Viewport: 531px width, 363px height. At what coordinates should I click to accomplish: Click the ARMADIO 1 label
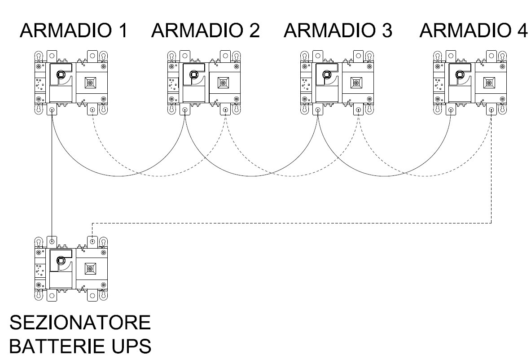(x=74, y=30)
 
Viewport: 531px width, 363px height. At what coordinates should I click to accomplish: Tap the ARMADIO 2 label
(x=206, y=30)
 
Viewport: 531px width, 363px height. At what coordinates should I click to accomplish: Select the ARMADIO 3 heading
(x=338, y=30)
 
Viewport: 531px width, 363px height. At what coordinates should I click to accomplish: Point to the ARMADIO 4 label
(x=474, y=30)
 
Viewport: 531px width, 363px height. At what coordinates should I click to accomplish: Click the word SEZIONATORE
(x=80, y=322)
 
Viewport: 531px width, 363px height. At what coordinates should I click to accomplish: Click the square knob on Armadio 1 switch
(x=90, y=83)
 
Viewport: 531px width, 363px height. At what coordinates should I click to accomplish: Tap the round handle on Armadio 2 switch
(x=193, y=74)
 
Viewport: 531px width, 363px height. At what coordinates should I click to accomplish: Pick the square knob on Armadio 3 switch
(x=356, y=83)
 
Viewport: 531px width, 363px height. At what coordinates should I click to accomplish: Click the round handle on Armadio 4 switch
(x=460, y=74)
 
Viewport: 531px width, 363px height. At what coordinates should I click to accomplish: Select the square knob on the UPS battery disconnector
(x=90, y=269)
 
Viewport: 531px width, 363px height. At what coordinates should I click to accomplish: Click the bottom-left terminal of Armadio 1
(x=52, y=110)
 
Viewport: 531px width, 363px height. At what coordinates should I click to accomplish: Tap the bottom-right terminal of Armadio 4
(x=492, y=110)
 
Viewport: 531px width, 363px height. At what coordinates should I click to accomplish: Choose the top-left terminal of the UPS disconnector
(x=52, y=241)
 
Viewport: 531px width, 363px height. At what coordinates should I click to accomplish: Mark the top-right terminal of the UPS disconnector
(x=92, y=241)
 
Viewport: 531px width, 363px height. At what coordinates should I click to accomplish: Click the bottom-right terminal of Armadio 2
(x=225, y=110)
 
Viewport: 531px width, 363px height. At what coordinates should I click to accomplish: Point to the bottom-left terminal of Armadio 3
(x=318, y=110)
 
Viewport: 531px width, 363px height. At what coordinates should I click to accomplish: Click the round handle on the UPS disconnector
(x=61, y=261)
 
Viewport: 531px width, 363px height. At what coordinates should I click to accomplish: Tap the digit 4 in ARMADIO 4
(x=522, y=30)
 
